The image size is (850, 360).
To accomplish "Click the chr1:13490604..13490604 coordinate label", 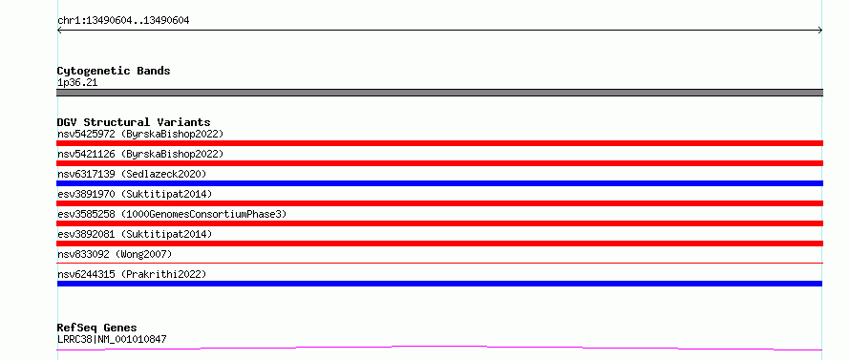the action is pyautogui.click(x=123, y=21).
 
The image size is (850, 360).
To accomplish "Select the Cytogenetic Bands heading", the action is pyautogui.click(x=114, y=71).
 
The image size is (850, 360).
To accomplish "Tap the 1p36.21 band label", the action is pyautogui.click(x=77, y=83).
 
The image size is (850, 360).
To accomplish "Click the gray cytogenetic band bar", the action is pyautogui.click(x=439, y=93).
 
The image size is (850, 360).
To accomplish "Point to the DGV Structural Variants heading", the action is pyautogui.click(x=134, y=122).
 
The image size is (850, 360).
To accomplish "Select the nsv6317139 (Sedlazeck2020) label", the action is pyautogui.click(x=132, y=174).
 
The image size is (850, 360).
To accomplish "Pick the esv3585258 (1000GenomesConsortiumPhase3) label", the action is pyautogui.click(x=172, y=214).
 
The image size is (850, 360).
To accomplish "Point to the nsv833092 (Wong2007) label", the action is pyautogui.click(x=115, y=254).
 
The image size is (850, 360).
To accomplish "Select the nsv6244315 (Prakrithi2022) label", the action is pyautogui.click(x=132, y=274).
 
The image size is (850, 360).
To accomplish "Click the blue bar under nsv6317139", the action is pyautogui.click(x=439, y=183).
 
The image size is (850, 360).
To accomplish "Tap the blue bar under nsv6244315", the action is pyautogui.click(x=439, y=284).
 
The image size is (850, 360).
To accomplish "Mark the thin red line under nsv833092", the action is pyautogui.click(x=439, y=263).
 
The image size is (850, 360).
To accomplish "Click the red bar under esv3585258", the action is pyautogui.click(x=439, y=223).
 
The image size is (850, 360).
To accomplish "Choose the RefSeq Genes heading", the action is pyautogui.click(x=97, y=328).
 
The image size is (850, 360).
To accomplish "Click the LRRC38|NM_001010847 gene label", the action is pyautogui.click(x=112, y=339).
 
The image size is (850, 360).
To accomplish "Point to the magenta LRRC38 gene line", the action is pyautogui.click(x=439, y=348).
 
